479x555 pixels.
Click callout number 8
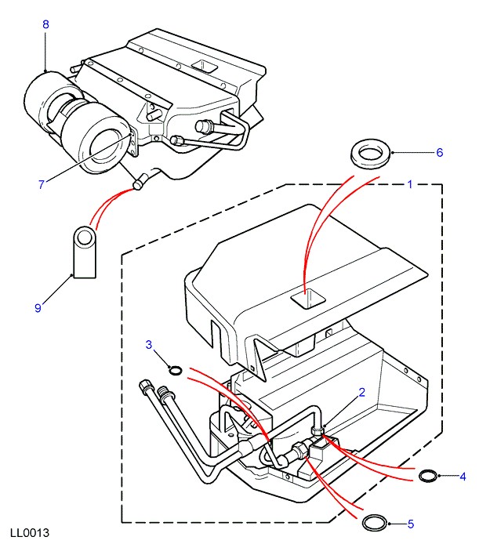coord(45,25)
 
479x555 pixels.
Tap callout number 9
coord(37,308)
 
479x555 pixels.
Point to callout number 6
coord(440,152)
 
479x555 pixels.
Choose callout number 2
coord(361,394)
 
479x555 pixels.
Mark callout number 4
coord(463,476)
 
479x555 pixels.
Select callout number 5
coord(410,523)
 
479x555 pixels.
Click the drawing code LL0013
coord(30,534)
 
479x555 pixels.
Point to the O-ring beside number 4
coord(429,475)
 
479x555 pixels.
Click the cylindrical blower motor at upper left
coord(74,118)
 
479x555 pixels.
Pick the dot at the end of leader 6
coord(390,152)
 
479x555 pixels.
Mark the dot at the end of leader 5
coord(390,523)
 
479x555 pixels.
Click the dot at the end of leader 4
coord(441,475)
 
